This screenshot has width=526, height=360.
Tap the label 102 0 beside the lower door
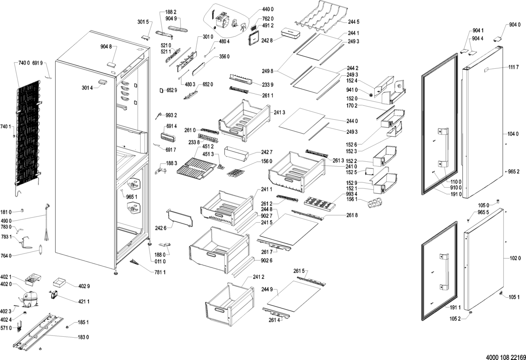pyautogui.click(x=515, y=258)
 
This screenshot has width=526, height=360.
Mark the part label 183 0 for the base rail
pyautogui.click(x=83, y=337)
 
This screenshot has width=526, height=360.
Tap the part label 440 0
pyautogui.click(x=268, y=9)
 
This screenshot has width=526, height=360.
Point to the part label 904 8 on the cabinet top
pyautogui.click(x=106, y=47)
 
